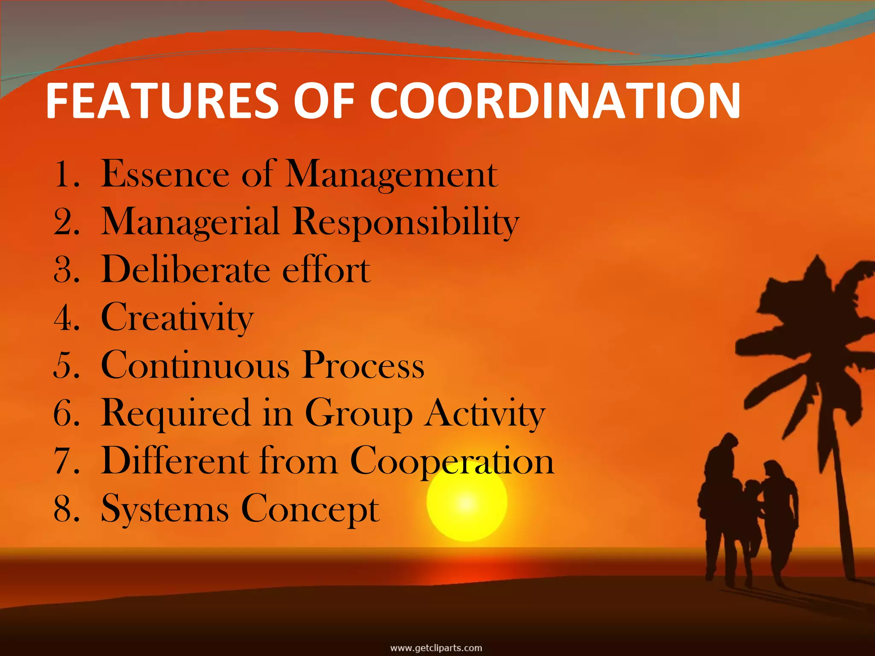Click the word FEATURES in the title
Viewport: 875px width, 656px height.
coord(162,101)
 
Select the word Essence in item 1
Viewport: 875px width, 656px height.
coord(165,174)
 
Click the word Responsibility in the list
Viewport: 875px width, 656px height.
coord(405,222)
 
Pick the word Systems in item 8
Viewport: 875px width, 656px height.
coord(165,509)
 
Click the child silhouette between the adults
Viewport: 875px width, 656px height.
coord(751,525)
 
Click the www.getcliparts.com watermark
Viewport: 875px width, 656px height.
coord(436,648)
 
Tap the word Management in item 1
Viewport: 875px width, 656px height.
coord(391,174)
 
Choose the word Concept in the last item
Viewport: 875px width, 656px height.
coord(310,509)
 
